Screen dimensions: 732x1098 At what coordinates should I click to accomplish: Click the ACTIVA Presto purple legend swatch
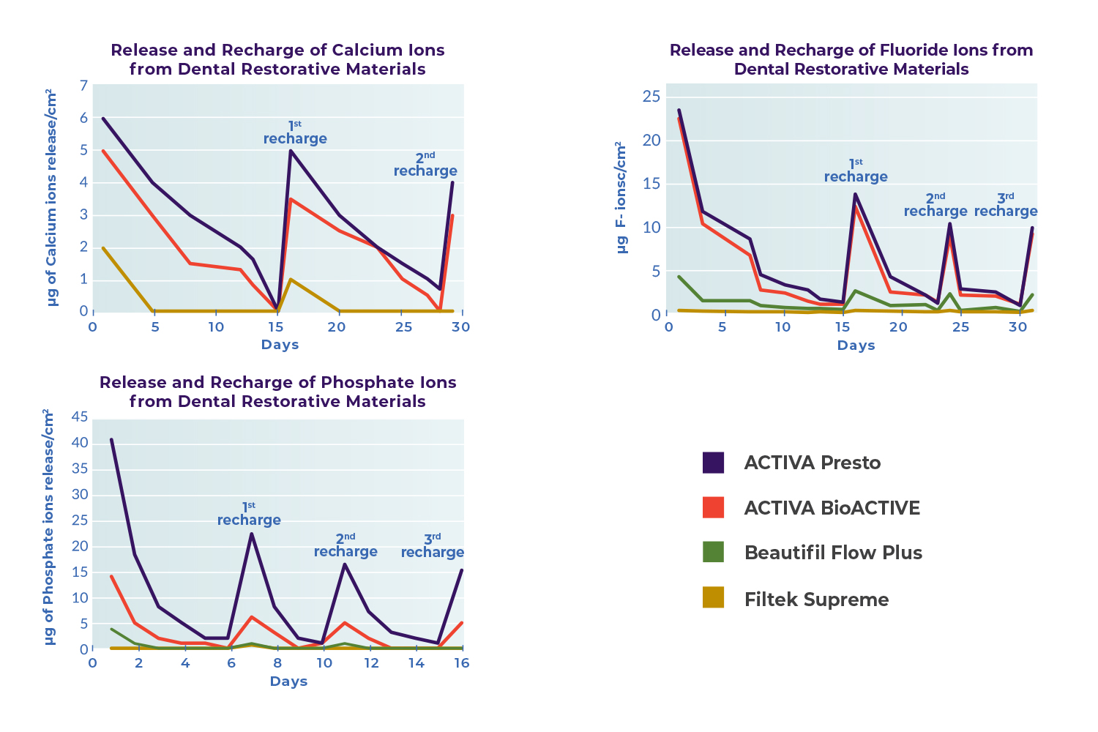click(713, 463)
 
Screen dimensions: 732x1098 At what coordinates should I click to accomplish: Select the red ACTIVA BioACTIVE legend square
click(713, 507)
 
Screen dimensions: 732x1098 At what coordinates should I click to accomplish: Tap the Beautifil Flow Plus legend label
click(833, 553)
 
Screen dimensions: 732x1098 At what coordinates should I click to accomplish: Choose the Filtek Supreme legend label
click(816, 600)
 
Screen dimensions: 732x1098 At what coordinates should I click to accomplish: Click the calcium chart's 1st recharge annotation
click(295, 133)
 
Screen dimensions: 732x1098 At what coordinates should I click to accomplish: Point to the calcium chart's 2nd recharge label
click(425, 165)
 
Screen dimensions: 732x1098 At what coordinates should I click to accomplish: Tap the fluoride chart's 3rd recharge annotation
click(1006, 206)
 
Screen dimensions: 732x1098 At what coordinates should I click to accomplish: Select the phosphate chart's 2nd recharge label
click(346, 546)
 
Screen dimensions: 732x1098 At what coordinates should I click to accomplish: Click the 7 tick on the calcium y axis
click(83, 86)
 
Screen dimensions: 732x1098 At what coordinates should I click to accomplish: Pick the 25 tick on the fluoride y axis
click(651, 97)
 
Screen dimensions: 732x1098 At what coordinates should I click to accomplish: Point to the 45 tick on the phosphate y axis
click(79, 417)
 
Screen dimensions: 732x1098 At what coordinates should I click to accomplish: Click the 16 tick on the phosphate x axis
click(462, 663)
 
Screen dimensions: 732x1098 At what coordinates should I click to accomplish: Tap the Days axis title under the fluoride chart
click(856, 346)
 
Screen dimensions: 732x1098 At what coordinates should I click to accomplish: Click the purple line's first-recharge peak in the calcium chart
click(291, 151)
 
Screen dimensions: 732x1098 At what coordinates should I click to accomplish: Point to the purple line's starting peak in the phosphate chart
click(111, 440)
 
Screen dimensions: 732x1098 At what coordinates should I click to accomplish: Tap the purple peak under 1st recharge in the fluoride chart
click(855, 195)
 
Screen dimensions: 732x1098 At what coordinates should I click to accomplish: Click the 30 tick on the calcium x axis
click(460, 327)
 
